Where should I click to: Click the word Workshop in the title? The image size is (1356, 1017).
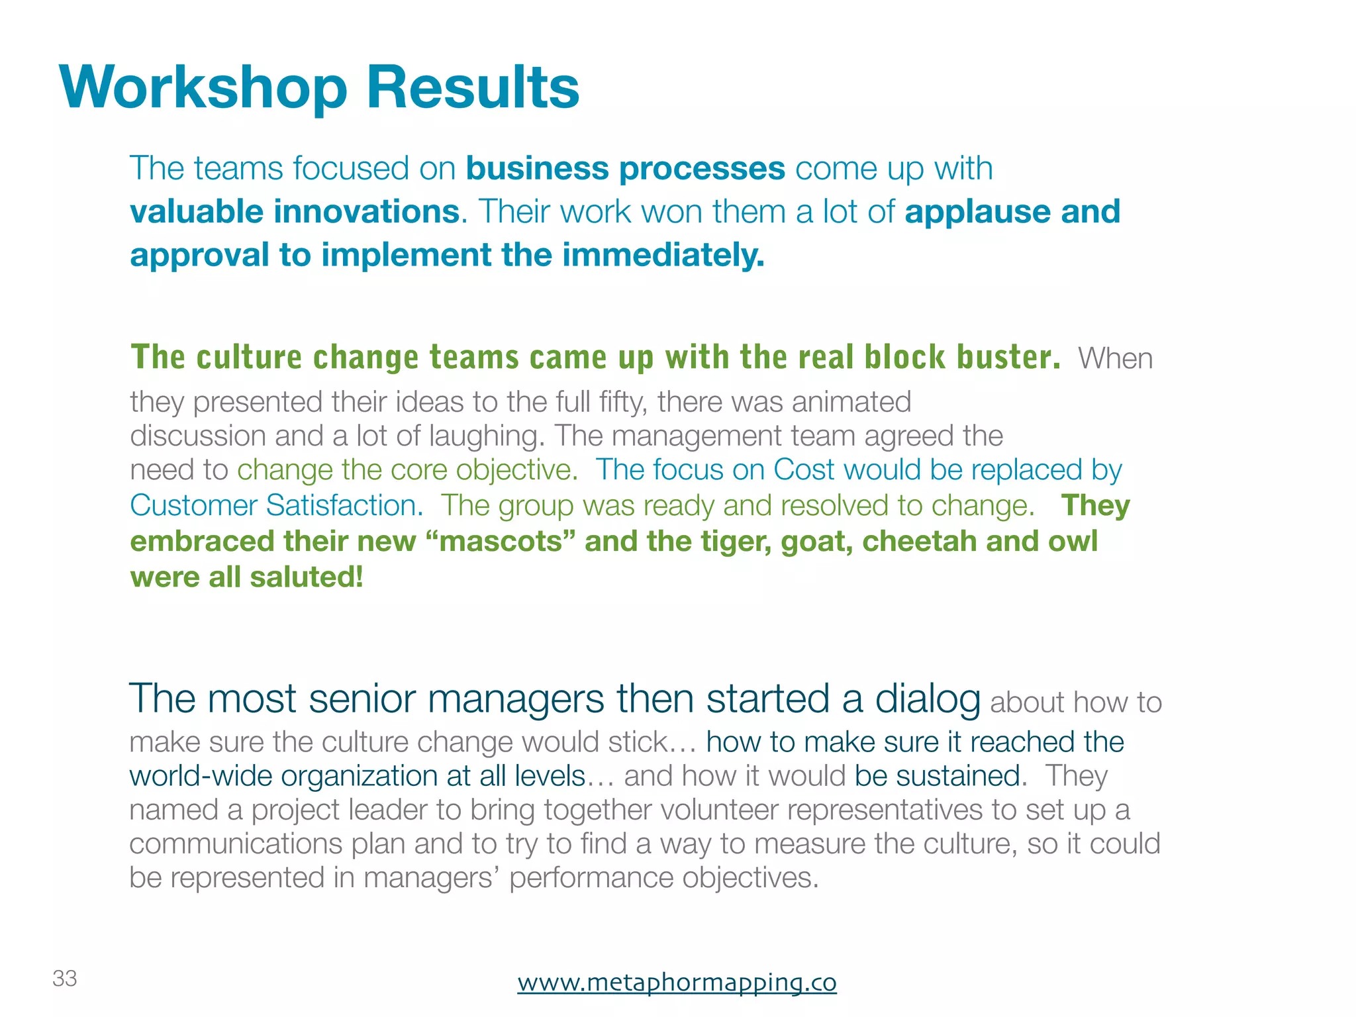[203, 88]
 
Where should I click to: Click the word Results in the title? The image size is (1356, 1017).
[473, 88]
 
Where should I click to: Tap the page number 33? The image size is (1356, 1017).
[65, 979]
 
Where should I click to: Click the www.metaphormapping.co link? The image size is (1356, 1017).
[677, 982]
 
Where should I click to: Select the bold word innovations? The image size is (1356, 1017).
[366, 212]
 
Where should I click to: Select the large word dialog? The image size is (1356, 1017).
[928, 699]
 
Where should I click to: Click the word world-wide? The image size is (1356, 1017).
[201, 776]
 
